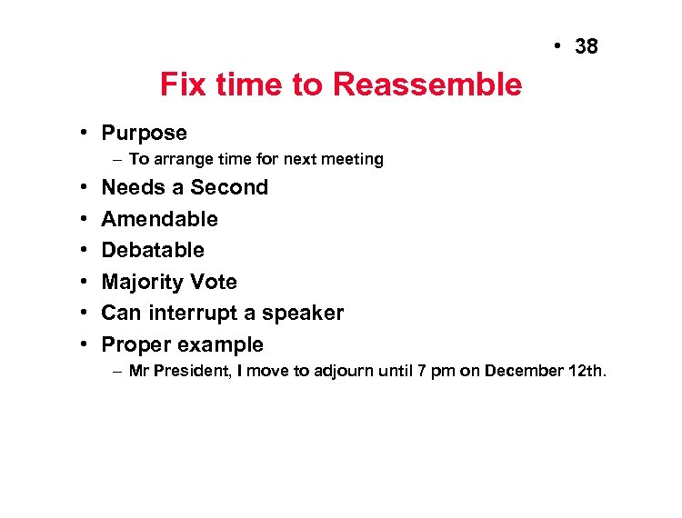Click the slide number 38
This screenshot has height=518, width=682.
pos(587,46)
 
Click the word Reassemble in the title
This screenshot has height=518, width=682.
pos(427,85)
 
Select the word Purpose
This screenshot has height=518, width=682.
pos(144,133)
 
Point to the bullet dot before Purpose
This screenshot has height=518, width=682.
pos(83,133)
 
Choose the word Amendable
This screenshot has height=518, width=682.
pos(159,219)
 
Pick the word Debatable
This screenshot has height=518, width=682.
pos(153,250)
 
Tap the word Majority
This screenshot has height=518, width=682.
pos(144,282)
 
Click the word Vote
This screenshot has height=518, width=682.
pos(215,282)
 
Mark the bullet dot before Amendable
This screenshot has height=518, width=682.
pos(83,219)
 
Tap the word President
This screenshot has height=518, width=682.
pos(195,371)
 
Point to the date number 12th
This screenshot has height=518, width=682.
pos(585,371)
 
